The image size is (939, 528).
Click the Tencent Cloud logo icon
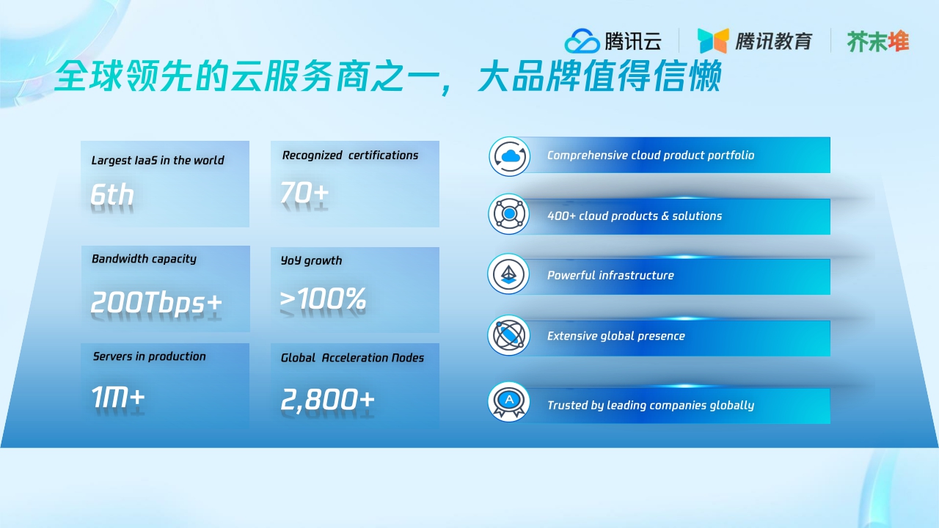pos(582,41)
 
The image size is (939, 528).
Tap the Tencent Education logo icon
pos(712,41)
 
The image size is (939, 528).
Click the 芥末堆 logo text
pos(878,42)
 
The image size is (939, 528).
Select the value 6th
pos(112,195)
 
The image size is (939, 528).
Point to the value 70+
pos(304,193)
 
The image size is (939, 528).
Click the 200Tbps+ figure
pos(156,303)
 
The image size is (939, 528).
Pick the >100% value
pos(323,298)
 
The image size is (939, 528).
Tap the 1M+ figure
pos(118,397)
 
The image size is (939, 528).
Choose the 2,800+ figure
pos(327,400)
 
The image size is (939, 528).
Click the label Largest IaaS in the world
pos(158,161)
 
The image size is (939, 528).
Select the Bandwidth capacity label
pos(144,259)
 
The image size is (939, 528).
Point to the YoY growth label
pos(311,260)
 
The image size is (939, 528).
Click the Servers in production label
pos(149,356)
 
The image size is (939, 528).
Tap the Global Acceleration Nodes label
pos(352,358)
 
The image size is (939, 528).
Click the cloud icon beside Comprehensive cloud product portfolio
pos(509,156)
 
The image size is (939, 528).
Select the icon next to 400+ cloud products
pos(509,215)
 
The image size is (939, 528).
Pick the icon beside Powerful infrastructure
pos(508,274)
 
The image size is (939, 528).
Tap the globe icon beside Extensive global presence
pos(508,336)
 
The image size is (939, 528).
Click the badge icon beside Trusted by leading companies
pos(509,402)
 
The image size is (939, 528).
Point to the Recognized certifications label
pos(350,155)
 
